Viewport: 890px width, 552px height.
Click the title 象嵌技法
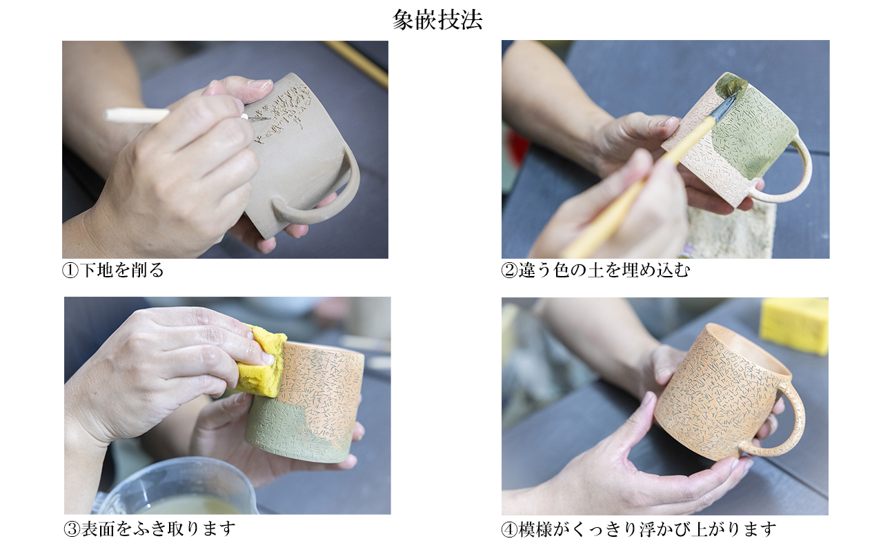(437, 20)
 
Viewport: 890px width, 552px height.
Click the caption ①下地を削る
(113, 270)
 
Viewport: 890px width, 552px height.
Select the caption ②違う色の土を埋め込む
(595, 270)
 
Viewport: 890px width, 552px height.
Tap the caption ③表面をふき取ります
(150, 529)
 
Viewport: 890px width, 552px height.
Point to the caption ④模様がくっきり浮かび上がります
(639, 529)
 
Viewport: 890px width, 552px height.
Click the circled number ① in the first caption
(70, 270)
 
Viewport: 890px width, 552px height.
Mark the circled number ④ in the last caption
(509, 529)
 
